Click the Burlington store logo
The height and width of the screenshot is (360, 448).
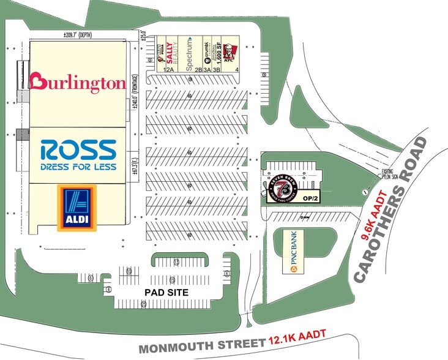coord(78,83)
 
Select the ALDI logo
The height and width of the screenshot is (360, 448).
coord(77,209)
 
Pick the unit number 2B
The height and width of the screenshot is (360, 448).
coord(198,70)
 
